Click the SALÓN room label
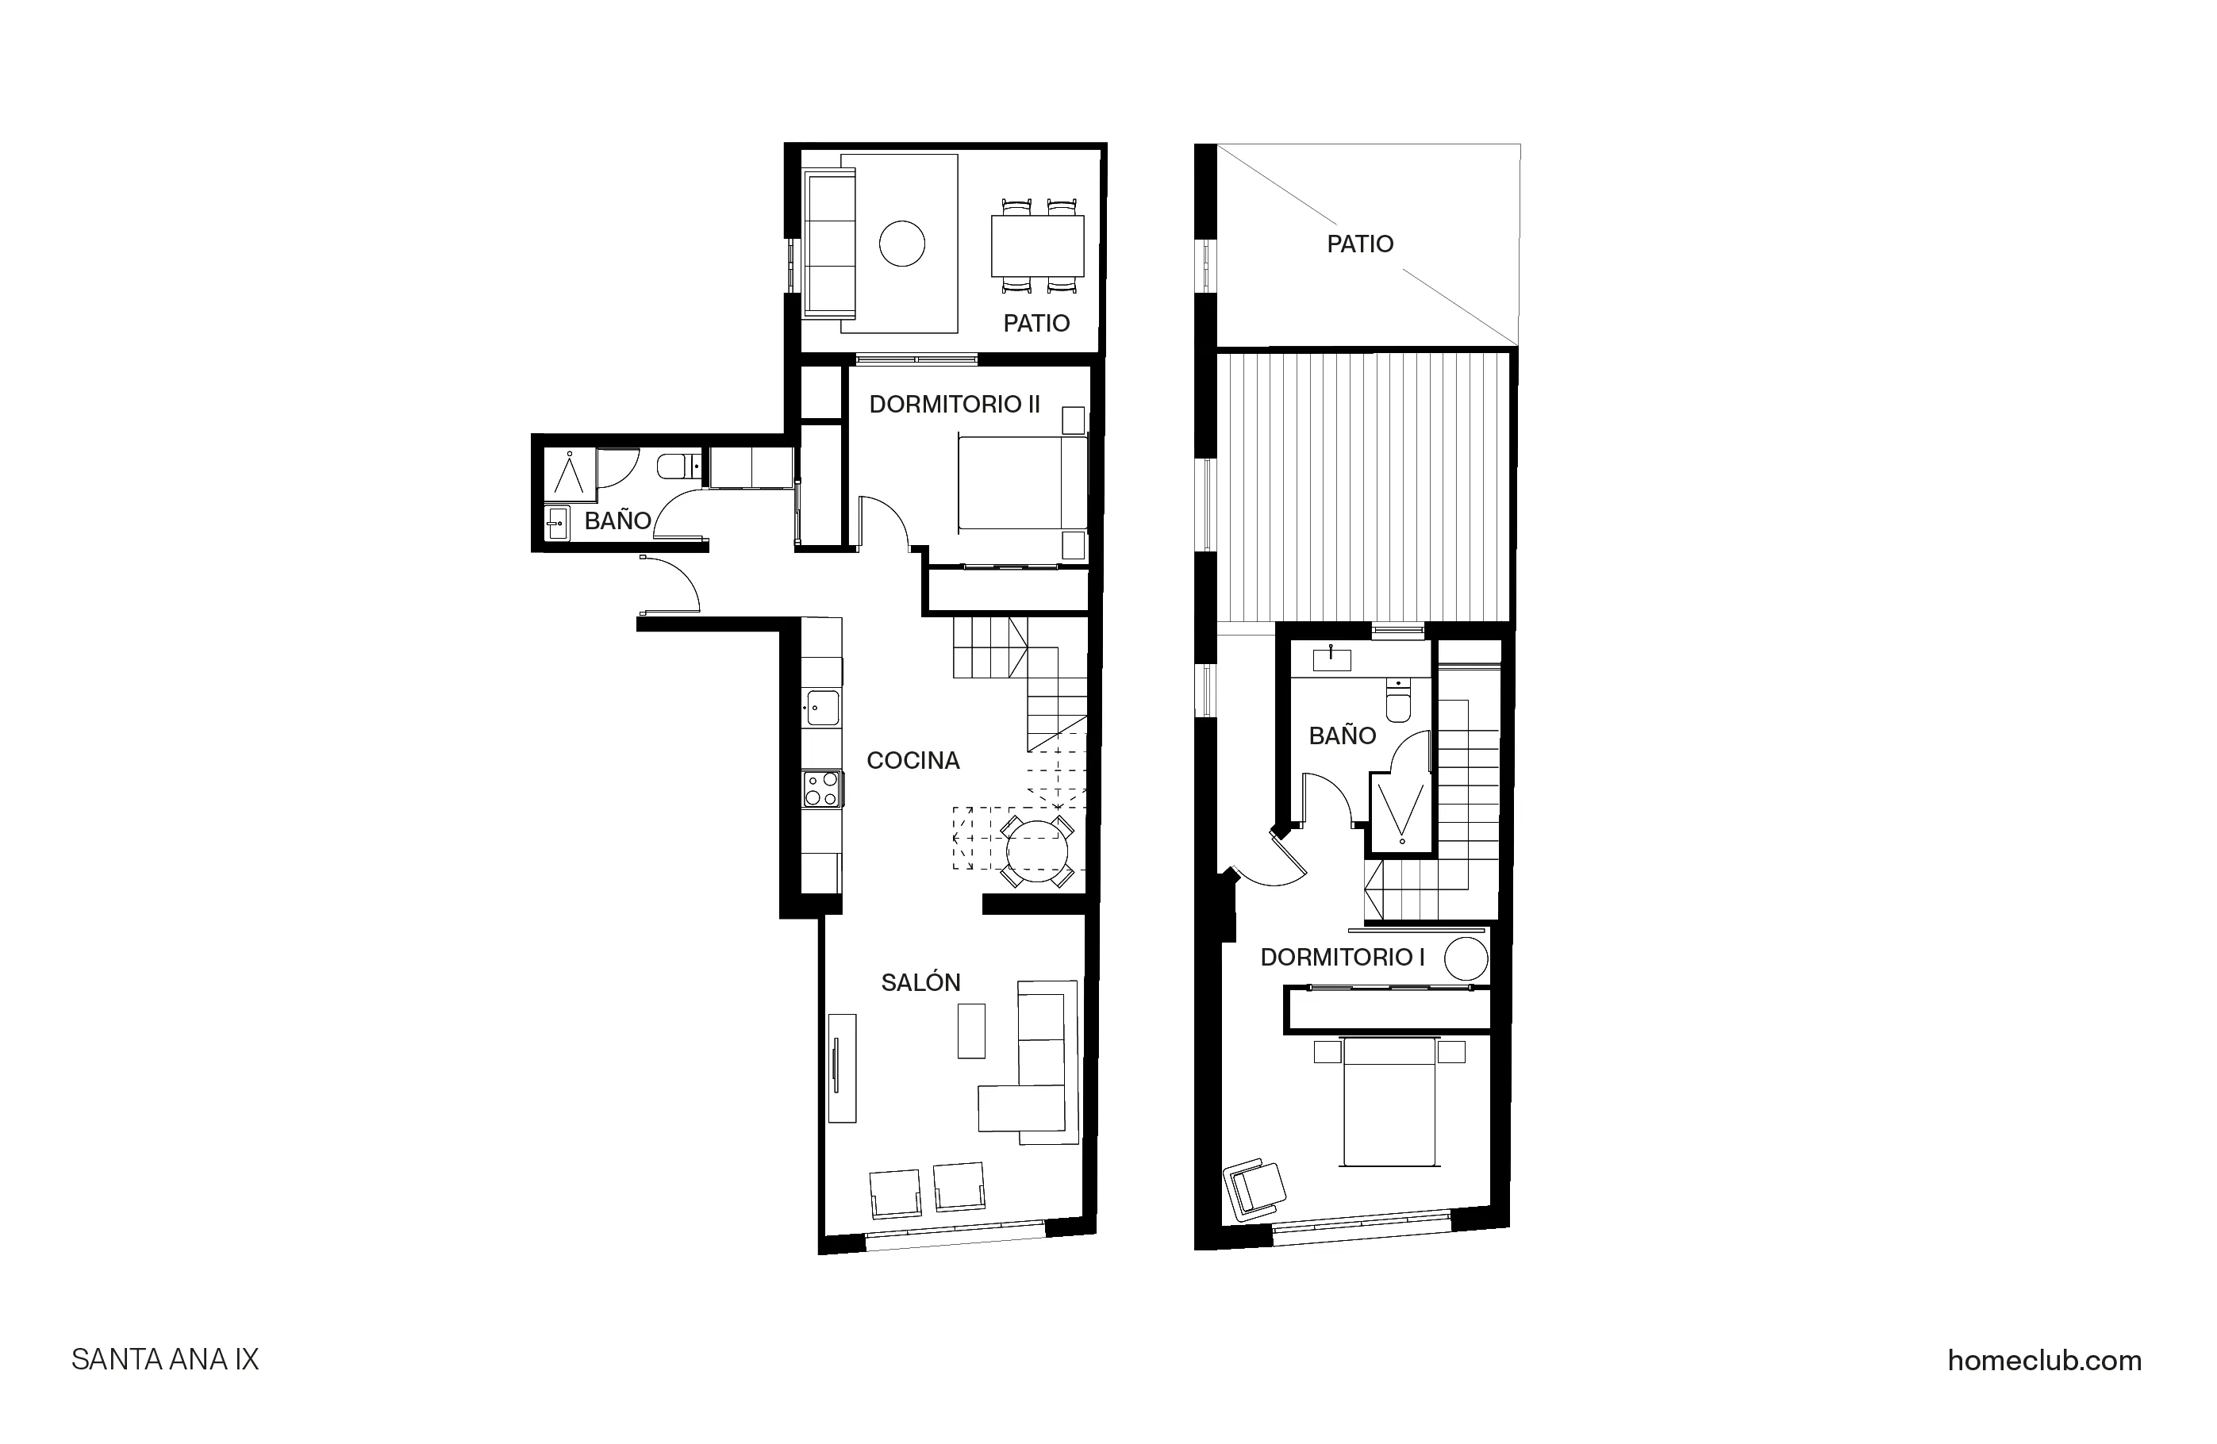pyautogui.click(x=920, y=982)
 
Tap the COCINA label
pyautogui.click(x=913, y=760)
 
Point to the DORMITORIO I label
pyautogui.click(x=1343, y=957)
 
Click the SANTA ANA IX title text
pyautogui.click(x=165, y=1359)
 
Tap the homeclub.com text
pyautogui.click(x=2044, y=1360)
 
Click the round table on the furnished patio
pyautogui.click(x=901, y=244)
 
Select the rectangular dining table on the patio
pyautogui.click(x=1037, y=245)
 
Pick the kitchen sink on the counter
pyautogui.click(x=823, y=708)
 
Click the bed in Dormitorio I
pyautogui.click(x=1389, y=1102)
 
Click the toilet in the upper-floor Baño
pyautogui.click(x=1398, y=702)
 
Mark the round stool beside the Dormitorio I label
pyautogui.click(x=1466, y=958)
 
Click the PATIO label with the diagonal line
pyautogui.click(x=1360, y=244)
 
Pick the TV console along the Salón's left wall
pyautogui.click(x=842, y=1068)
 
